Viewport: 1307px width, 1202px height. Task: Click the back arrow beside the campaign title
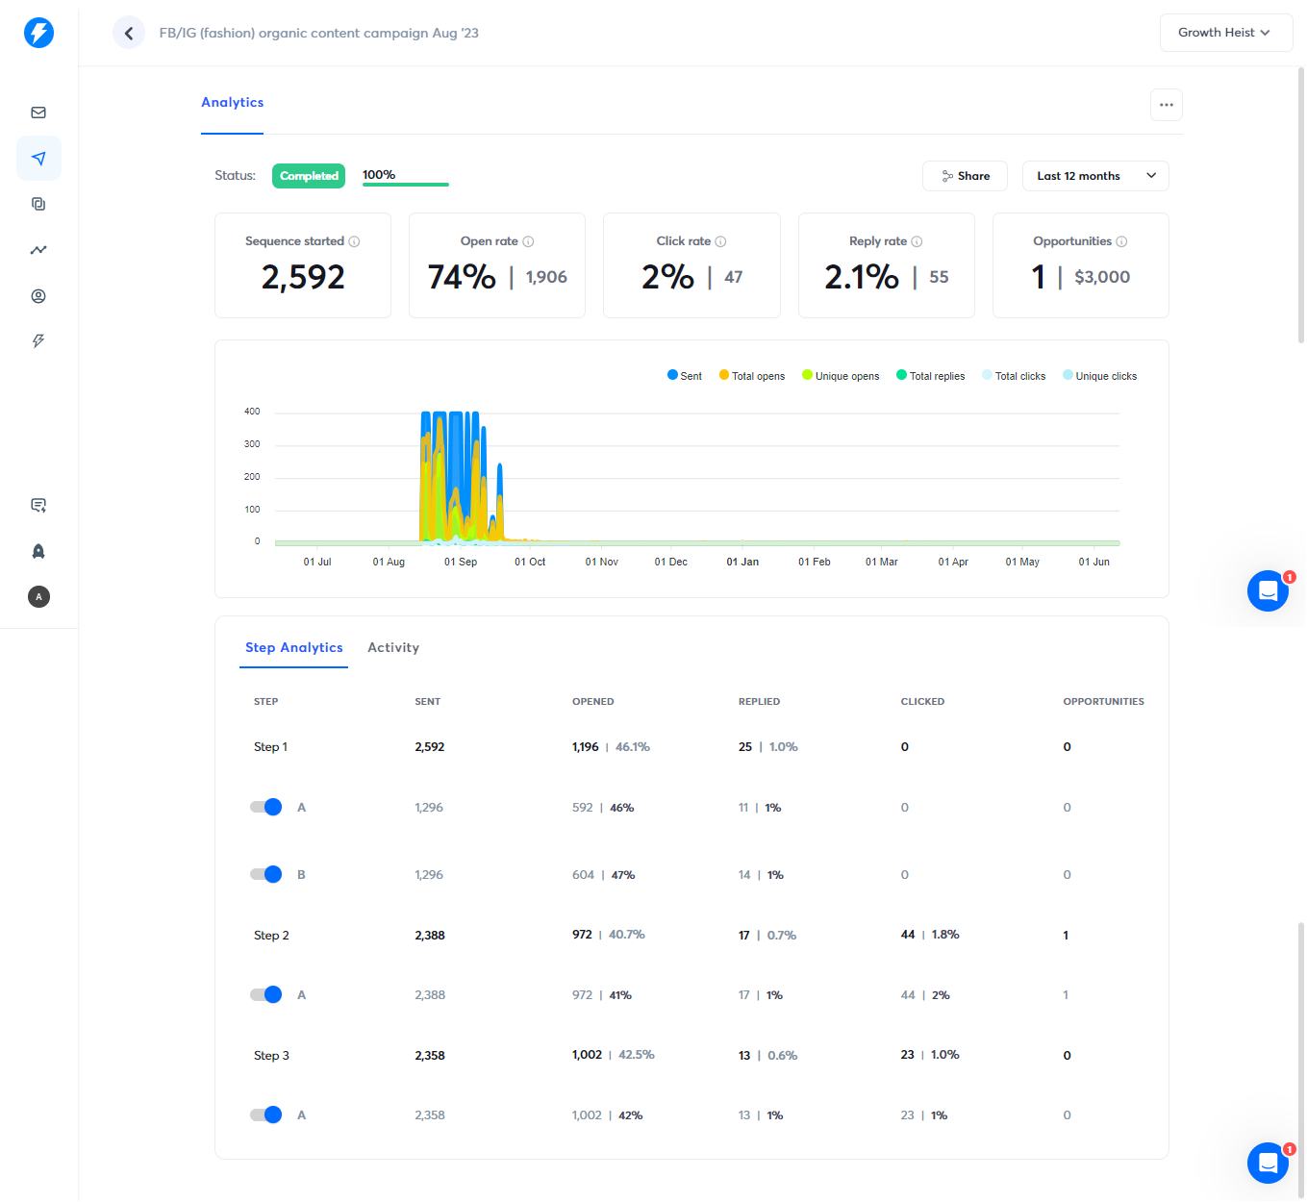point(128,33)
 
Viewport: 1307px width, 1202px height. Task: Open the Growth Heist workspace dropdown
point(1225,33)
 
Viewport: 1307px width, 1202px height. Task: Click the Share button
point(965,176)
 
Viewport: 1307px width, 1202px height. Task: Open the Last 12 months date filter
point(1095,176)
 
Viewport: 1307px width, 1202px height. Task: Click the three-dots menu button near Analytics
point(1166,105)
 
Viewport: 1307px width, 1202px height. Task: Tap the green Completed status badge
point(309,176)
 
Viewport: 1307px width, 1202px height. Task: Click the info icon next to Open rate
point(528,241)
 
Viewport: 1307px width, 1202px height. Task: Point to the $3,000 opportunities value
point(1102,277)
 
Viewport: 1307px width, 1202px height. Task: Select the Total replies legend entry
point(930,376)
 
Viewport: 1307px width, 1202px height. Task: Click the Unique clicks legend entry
point(1099,376)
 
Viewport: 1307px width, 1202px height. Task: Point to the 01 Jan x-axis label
point(742,562)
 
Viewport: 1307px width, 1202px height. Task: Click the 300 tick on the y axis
point(252,444)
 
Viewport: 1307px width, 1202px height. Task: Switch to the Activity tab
point(393,647)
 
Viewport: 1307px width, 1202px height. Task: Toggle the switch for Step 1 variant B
point(265,874)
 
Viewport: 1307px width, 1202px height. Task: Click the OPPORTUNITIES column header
point(1103,702)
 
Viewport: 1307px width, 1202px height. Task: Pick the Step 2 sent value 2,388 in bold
point(429,935)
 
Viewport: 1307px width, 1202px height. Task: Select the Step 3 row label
point(271,1056)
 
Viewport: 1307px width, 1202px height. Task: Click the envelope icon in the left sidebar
point(38,113)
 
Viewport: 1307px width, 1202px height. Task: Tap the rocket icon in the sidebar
point(38,551)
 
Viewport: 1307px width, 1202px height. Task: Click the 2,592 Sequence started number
point(303,277)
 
